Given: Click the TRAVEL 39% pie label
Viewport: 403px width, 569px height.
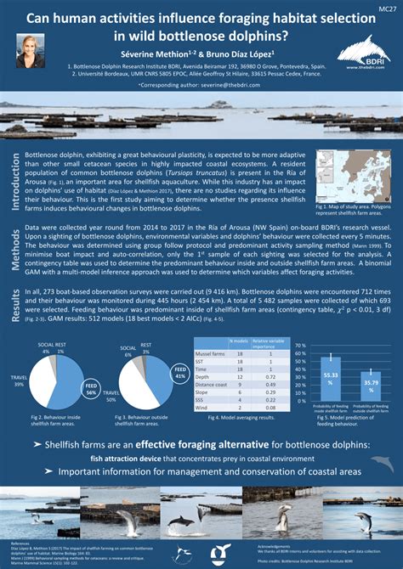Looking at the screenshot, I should pos(19,380).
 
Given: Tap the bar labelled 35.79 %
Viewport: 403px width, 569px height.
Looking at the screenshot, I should pos(372,383).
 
